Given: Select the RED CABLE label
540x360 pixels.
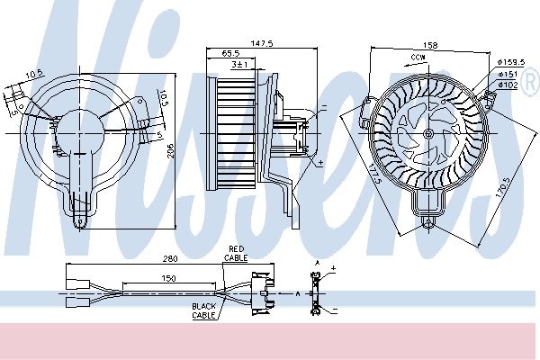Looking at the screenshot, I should point(236,253).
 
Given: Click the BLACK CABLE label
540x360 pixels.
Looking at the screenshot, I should point(204,310).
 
